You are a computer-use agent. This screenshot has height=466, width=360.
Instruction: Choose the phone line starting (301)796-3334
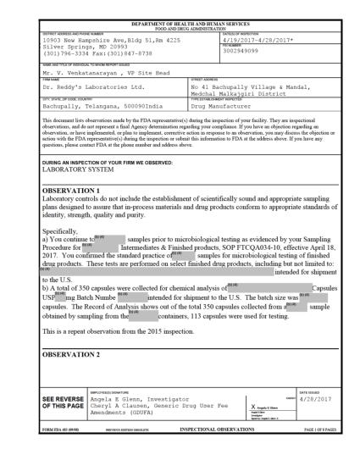81,53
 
